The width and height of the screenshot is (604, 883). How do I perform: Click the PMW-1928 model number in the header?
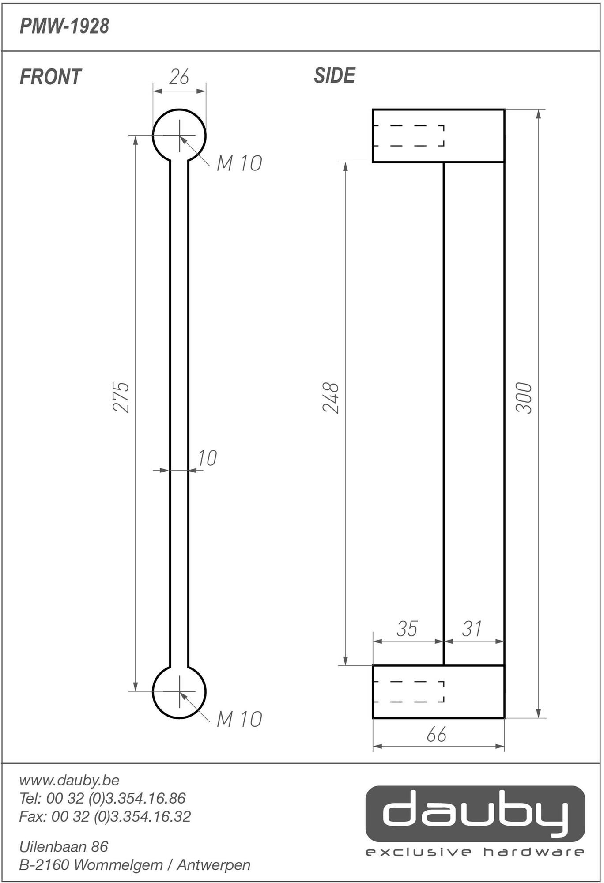coord(64,26)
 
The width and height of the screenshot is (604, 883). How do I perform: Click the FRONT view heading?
coord(50,77)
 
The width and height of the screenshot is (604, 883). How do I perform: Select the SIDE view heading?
coord(334,75)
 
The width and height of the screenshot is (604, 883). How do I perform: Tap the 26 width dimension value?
coord(179,77)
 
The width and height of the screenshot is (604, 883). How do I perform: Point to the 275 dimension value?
coord(121,397)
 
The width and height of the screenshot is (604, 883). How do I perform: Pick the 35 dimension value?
coord(407,629)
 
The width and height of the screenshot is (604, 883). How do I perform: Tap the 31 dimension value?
coord(472,629)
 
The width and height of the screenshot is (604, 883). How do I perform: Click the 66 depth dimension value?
coord(437,735)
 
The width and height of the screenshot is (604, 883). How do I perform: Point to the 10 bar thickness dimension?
coord(207,458)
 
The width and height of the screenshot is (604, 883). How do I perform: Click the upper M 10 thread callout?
coord(239,163)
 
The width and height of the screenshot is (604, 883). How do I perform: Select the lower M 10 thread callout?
coord(239,719)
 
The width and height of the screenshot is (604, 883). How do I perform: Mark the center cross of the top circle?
coord(179,135)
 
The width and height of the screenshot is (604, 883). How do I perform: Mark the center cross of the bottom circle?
coord(179,691)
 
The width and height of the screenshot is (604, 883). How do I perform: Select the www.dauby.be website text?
coord(69,780)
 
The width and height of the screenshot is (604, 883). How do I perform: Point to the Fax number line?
coord(105,816)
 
